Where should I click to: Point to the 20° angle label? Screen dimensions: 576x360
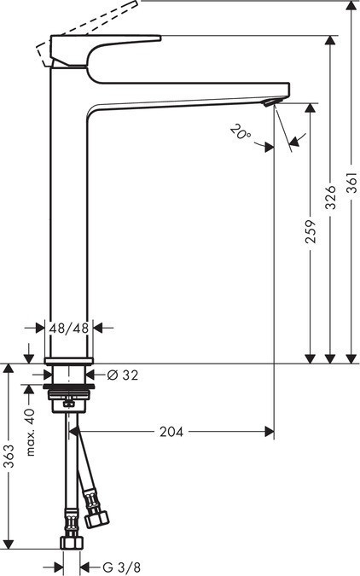coord(241,132)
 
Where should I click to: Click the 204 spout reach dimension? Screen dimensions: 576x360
coord(171,432)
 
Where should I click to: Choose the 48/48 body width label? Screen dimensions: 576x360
coord(68,327)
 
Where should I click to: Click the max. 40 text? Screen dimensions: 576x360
coord(30,431)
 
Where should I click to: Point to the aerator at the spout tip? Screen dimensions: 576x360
coord(270,102)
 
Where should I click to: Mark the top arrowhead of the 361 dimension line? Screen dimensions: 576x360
coord(351,9)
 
